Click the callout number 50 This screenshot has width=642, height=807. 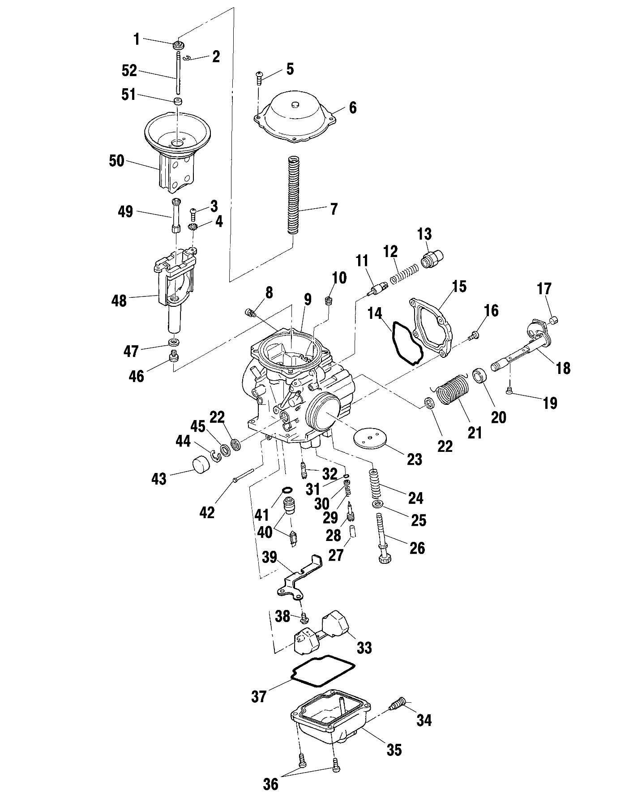tap(116, 161)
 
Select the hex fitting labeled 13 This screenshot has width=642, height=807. tap(432, 259)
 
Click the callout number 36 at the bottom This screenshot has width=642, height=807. tap(270, 795)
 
